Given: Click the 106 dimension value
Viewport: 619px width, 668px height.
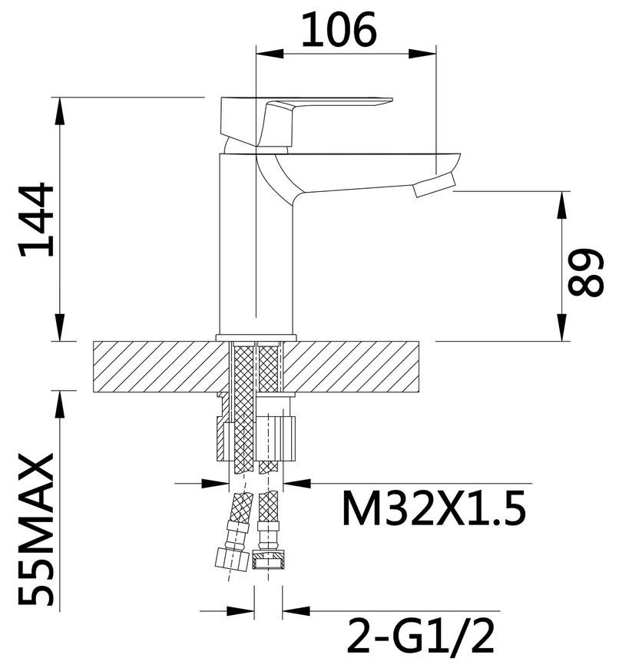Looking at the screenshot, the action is pos(339,29).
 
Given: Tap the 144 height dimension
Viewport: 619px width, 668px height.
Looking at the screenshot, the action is pos(36,220).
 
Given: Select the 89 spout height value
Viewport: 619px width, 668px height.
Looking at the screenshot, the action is pos(586,273).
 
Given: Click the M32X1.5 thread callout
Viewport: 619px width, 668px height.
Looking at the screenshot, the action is pos(434,508).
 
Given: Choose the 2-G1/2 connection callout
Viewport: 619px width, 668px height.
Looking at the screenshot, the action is pos(421,636).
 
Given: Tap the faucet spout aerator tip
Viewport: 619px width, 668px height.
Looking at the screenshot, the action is pos(435,185).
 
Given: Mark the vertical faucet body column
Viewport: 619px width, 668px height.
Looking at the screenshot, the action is pos(255,243).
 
